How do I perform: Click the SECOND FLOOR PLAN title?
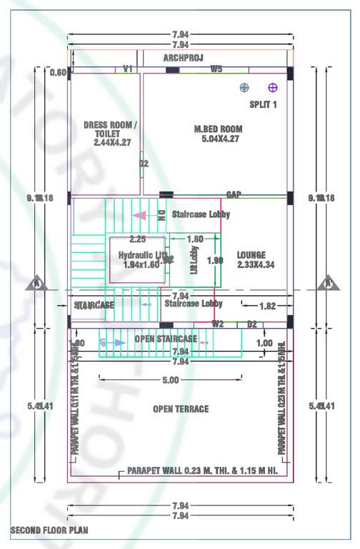click(49, 531)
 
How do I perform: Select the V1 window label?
click(128, 69)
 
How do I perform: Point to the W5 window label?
click(216, 69)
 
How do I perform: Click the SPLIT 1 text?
click(263, 104)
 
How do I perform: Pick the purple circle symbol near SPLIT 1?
click(272, 88)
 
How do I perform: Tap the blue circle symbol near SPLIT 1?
click(244, 88)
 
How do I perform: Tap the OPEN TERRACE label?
click(181, 409)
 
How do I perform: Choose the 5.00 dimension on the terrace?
click(170, 380)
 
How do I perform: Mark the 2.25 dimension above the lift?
click(137, 239)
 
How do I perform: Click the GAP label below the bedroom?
click(233, 194)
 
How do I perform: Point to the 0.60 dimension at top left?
click(58, 73)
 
